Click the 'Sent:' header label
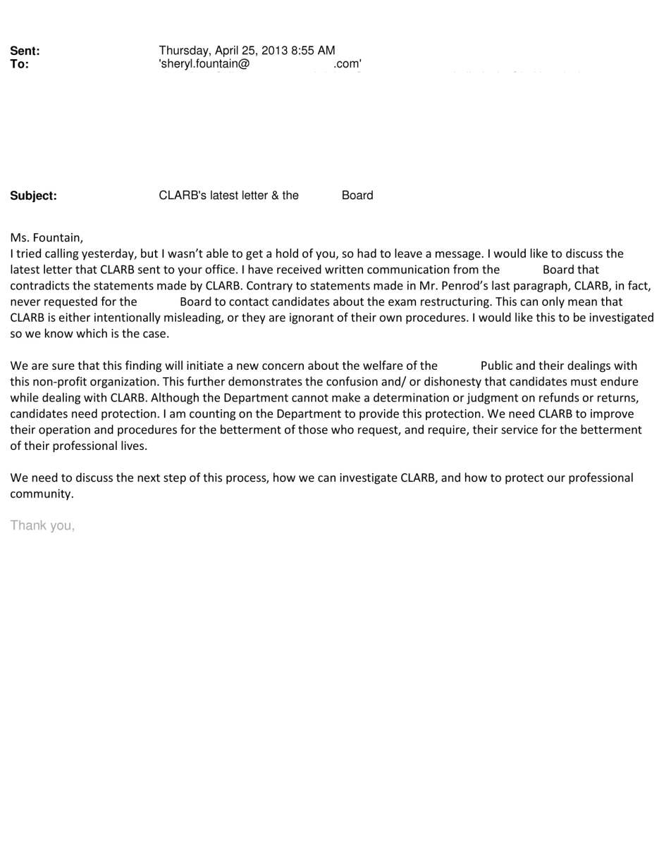click(25, 51)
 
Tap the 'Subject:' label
click(33, 196)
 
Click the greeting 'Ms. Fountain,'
click(47, 238)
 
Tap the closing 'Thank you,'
click(42, 525)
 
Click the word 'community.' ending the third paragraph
click(42, 494)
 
